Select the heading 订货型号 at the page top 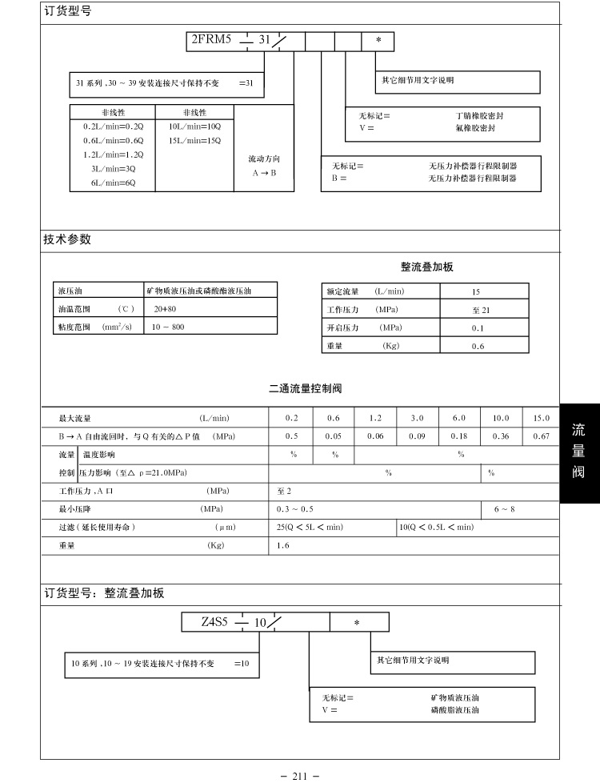(x=67, y=14)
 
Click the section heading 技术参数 (x=67, y=239)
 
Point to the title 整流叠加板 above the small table (x=426, y=267)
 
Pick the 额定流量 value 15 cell (x=476, y=292)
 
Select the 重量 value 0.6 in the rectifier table (x=478, y=346)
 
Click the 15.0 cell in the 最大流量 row (x=542, y=418)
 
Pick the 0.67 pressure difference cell (x=542, y=436)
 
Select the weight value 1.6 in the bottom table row (x=283, y=545)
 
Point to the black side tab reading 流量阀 (x=578, y=452)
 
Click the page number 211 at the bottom (x=300, y=775)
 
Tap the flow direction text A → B (x=263, y=172)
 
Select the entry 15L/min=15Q (x=194, y=140)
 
